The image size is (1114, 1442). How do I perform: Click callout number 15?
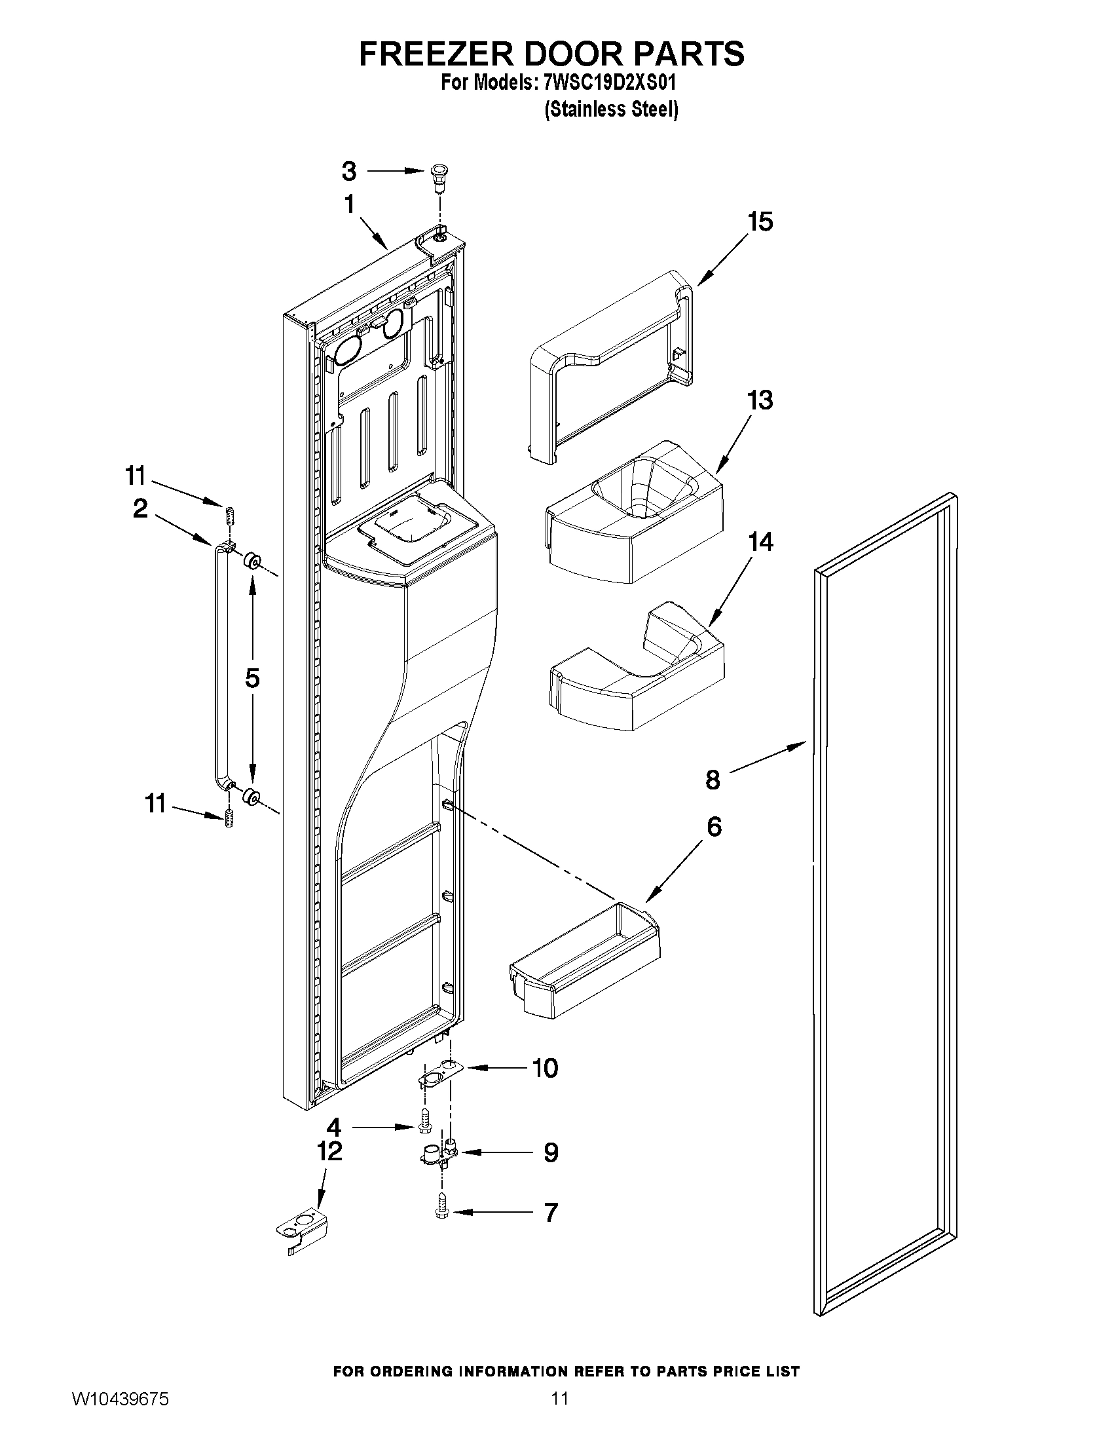(760, 223)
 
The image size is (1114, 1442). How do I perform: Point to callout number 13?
(760, 401)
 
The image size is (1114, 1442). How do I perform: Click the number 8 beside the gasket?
(713, 780)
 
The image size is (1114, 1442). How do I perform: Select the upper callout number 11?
(136, 476)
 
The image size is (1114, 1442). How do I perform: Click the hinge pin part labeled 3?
(437, 176)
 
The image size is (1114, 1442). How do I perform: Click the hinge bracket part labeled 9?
(438, 1169)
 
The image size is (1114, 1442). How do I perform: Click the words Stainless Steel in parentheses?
(611, 109)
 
